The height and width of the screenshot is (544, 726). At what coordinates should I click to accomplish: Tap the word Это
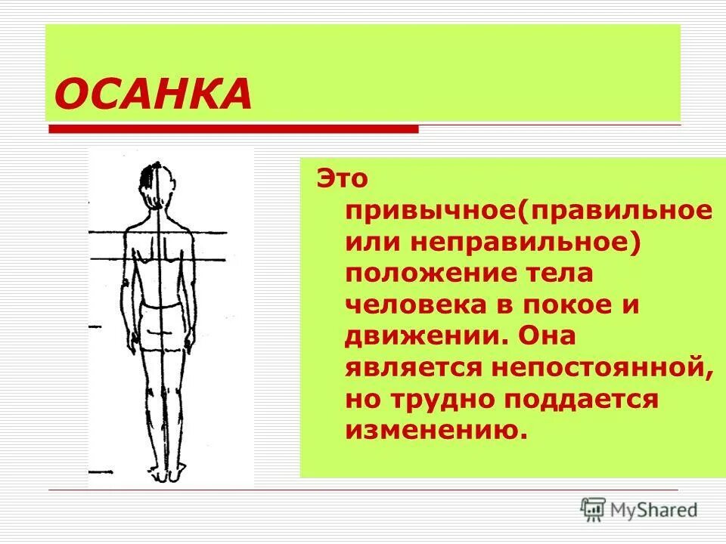point(341,180)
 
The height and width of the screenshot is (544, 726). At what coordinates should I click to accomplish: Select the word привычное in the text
point(428,212)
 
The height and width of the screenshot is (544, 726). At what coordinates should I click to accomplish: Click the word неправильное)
point(526,243)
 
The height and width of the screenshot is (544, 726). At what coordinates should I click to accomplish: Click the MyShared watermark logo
point(640,509)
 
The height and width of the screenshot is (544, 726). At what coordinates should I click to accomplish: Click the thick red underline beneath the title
point(234,130)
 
